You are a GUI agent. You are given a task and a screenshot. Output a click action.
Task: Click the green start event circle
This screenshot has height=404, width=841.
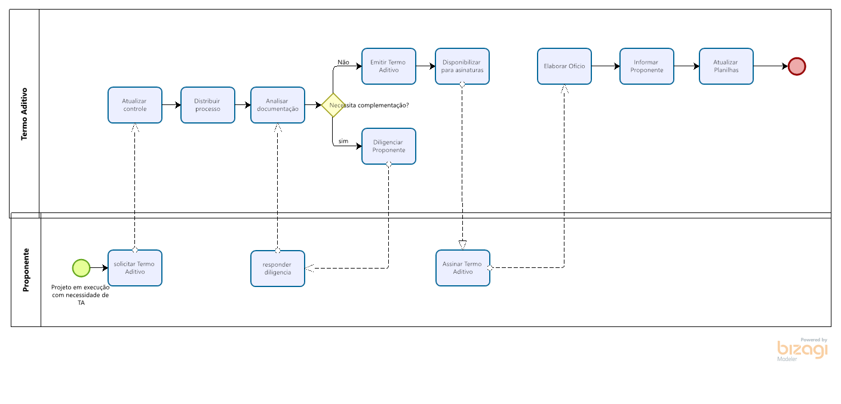tap(81, 268)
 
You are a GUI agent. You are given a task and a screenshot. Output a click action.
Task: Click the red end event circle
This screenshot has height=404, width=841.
tap(797, 66)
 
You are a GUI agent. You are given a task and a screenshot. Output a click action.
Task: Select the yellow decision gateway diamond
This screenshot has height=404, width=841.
tap(333, 105)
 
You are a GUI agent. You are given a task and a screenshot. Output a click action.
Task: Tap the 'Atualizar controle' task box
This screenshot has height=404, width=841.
tap(135, 105)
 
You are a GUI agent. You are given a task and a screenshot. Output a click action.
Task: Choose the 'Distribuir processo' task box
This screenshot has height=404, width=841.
tap(208, 105)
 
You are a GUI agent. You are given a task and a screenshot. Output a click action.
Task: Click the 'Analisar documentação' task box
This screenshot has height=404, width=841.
tap(278, 105)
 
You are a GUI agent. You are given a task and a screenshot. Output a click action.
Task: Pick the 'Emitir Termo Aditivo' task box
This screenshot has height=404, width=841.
tap(389, 66)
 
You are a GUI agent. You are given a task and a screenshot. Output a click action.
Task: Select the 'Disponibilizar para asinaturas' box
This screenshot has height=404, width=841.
tap(462, 66)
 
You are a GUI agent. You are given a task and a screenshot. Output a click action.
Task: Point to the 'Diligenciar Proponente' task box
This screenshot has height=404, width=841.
tap(389, 146)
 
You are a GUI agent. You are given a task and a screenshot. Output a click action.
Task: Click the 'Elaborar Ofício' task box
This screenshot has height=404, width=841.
tap(564, 66)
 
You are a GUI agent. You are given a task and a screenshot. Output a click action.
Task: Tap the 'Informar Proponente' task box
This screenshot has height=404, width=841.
tap(647, 66)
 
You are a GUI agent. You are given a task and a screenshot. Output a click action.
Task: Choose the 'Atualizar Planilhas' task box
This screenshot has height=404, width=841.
tap(726, 66)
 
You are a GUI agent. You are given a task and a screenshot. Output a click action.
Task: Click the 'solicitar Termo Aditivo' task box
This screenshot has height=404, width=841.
tap(135, 268)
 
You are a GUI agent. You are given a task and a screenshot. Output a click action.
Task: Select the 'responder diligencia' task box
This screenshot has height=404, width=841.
tap(278, 269)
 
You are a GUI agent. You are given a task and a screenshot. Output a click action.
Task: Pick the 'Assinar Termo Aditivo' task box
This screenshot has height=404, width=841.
tap(463, 268)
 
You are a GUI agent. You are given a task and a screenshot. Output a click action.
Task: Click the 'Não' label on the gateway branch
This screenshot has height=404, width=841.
tap(343, 62)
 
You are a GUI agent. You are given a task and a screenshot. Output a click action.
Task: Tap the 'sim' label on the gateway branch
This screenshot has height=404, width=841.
tap(343, 141)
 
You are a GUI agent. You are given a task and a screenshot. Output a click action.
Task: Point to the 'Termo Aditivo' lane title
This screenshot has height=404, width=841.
tap(25, 114)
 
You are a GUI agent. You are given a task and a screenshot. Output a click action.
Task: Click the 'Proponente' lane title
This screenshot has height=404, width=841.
tap(26, 270)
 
